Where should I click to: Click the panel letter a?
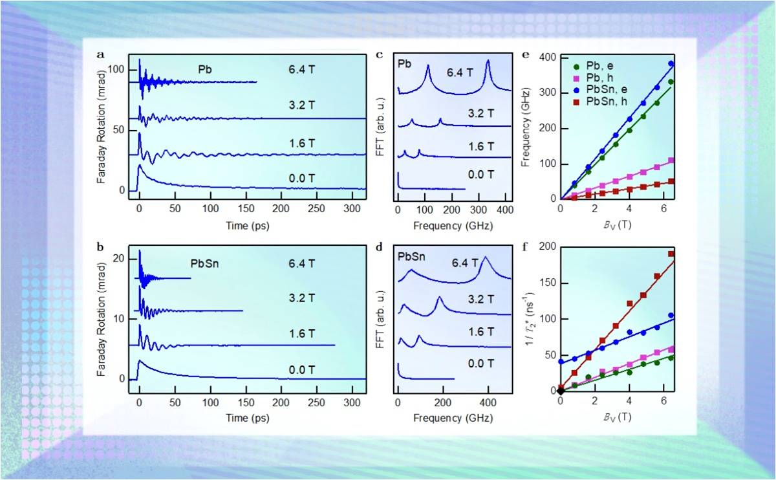[x=101, y=54]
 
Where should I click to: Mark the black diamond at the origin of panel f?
[x=561, y=391]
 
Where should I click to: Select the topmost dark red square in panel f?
[x=671, y=254]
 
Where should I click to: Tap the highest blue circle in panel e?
[x=671, y=64]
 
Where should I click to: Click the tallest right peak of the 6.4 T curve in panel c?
[x=488, y=61]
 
